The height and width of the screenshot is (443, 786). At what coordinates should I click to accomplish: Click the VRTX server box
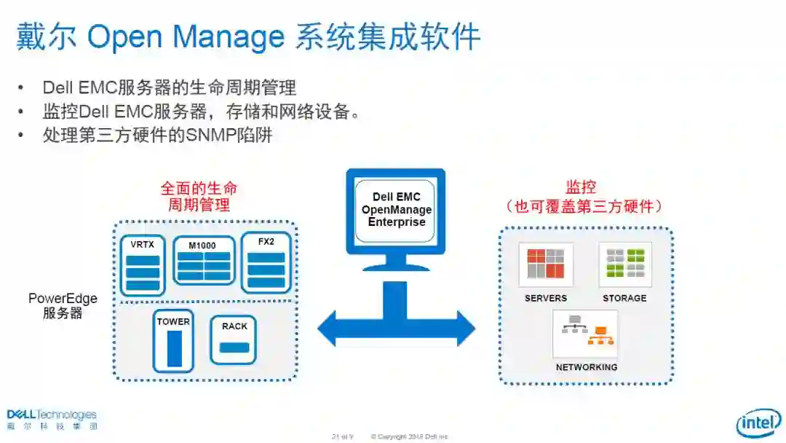coord(143,264)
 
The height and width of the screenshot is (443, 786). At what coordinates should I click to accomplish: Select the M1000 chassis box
coord(204,260)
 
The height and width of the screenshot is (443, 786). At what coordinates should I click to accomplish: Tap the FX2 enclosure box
coord(266,262)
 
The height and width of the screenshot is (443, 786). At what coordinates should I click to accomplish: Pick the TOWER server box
coord(173,341)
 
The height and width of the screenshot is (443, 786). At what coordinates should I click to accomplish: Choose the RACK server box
coord(234,340)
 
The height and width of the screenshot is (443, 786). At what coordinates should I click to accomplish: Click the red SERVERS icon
coord(546,264)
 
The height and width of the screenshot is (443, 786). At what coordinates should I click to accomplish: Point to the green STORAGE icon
coord(625,264)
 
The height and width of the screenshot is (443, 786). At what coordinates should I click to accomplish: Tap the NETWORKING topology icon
coord(586,334)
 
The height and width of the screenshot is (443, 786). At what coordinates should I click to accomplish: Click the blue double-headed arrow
coord(396,329)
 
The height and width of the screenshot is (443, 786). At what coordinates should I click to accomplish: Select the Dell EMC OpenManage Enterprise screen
coord(396,209)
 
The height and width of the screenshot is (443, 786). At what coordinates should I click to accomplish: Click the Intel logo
coord(758,423)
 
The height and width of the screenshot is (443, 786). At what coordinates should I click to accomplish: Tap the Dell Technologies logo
coord(52,418)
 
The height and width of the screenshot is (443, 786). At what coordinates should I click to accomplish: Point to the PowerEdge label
coord(63,299)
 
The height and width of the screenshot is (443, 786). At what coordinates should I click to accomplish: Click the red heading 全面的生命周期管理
coord(199,196)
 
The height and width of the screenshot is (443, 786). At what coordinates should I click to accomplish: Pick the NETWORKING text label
coord(586,367)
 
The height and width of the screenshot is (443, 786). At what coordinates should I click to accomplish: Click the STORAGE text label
coord(624,298)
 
